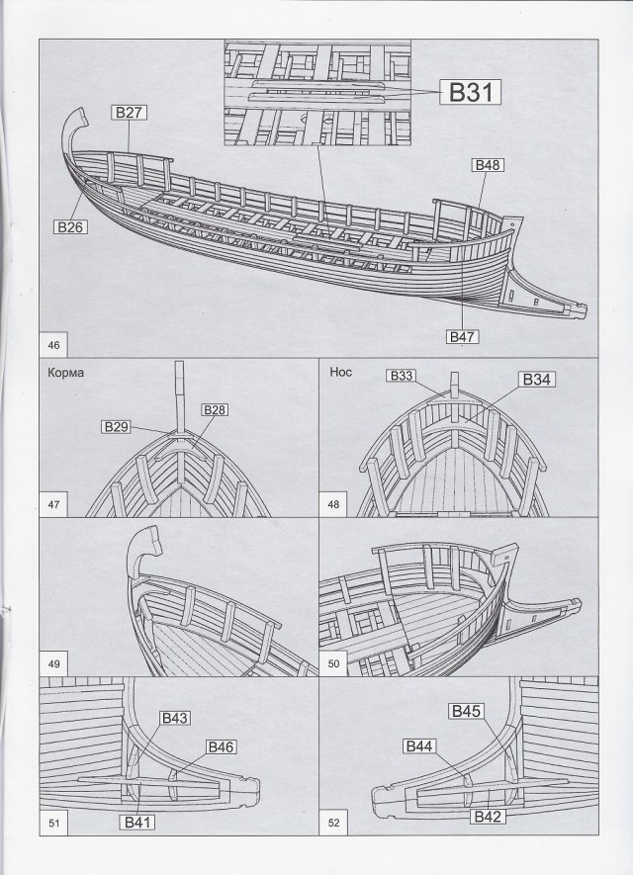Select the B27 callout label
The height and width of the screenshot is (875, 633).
coord(130,114)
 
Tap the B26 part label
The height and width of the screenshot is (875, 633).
coord(72,226)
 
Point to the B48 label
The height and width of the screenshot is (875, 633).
coord(489,166)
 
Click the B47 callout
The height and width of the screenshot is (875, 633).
coord(462,337)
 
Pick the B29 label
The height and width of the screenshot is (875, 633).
coord(117,426)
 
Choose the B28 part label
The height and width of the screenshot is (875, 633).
coord(215,409)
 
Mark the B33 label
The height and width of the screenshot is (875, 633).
coord(401,376)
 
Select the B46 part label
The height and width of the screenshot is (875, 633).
coord(221,746)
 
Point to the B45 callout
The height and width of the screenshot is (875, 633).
coord(466,711)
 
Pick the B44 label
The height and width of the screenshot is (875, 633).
coord(421,745)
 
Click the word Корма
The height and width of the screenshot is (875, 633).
coord(64,373)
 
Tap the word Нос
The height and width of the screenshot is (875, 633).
coord(339,373)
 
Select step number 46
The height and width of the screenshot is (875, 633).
coord(53,345)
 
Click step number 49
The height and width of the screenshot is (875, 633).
coord(53,663)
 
